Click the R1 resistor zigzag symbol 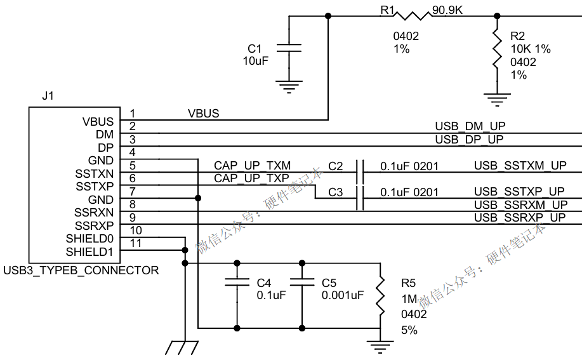click(412, 16)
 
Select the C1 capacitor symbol click(289, 48)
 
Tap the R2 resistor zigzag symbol click(497, 48)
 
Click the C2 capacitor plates click(360, 172)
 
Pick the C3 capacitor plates click(360, 198)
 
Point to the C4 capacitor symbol click(237, 282)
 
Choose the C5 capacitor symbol click(301, 282)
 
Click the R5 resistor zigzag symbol click(380, 296)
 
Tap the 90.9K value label click(447, 10)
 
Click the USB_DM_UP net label click(470, 126)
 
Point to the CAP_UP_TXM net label click(253, 166)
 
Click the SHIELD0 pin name click(89, 239)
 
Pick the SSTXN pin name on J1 click(95, 174)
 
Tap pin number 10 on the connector click(136, 230)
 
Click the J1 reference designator click(48, 96)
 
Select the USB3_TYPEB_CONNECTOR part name click(81, 270)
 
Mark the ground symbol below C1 click(289, 87)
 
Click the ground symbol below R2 click(498, 100)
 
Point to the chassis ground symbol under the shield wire click(182, 347)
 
